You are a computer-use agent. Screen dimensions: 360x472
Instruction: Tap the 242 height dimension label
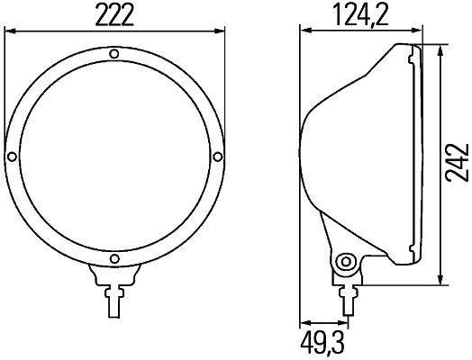click(x=458, y=162)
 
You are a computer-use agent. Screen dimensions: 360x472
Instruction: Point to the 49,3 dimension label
click(x=322, y=343)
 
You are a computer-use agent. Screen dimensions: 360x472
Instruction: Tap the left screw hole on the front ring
click(x=12, y=158)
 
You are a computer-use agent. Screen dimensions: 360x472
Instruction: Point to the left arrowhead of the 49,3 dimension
click(x=304, y=325)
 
